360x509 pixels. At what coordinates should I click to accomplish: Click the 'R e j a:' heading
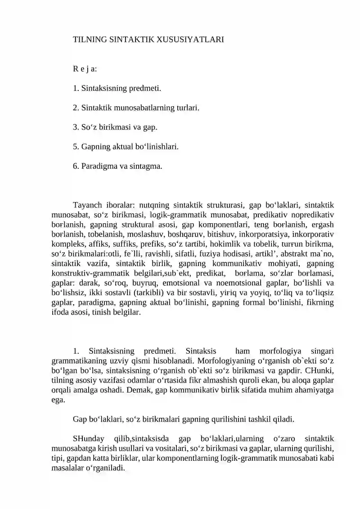tap(85, 69)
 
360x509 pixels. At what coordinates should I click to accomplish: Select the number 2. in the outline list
tap(76, 108)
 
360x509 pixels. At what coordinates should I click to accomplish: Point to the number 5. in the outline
tap(76, 146)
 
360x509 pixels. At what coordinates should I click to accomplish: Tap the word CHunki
tap(323, 370)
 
